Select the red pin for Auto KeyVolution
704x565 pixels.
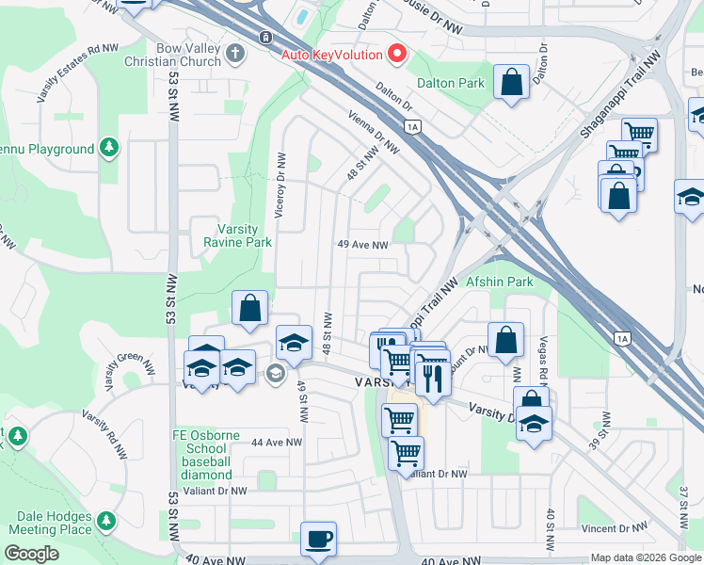click(x=396, y=54)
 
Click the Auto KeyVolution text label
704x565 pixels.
click(x=333, y=54)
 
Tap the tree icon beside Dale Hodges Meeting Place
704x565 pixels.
click(x=106, y=520)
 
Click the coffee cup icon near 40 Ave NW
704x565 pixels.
click(x=318, y=539)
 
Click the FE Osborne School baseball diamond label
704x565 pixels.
click(x=200, y=455)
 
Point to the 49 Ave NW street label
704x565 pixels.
click(x=363, y=244)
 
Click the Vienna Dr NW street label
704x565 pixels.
click(x=375, y=135)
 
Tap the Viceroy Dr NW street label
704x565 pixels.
click(x=280, y=187)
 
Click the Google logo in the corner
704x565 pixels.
click(x=31, y=555)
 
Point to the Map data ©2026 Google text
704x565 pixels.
click(x=645, y=557)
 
